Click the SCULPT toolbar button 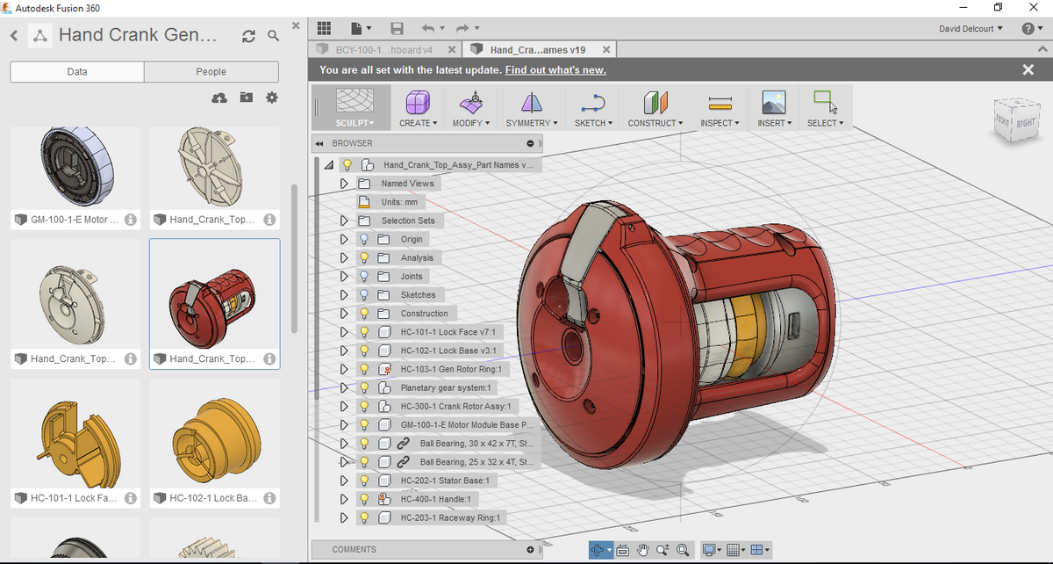pyautogui.click(x=354, y=107)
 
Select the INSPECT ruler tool pyautogui.click(x=720, y=107)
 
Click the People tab pyautogui.click(x=211, y=72)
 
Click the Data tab pyautogui.click(x=77, y=72)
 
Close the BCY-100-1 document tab pyautogui.click(x=451, y=50)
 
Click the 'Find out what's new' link pyautogui.click(x=555, y=70)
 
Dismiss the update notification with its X pyautogui.click(x=1028, y=70)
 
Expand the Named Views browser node pyautogui.click(x=344, y=184)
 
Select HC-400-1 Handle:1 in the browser pyautogui.click(x=435, y=499)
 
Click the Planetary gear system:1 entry pyautogui.click(x=448, y=387)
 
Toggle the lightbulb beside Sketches pyautogui.click(x=364, y=295)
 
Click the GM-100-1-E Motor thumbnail pyautogui.click(x=75, y=170)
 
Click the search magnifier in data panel pyautogui.click(x=274, y=36)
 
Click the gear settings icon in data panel pyautogui.click(x=272, y=98)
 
